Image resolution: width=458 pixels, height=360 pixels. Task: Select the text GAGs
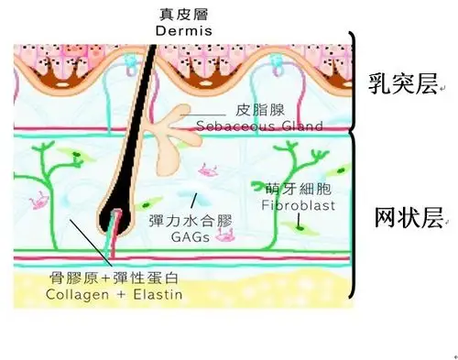pos(191,236)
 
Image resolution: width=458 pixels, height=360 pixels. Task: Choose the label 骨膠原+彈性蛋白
pos(116,277)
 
